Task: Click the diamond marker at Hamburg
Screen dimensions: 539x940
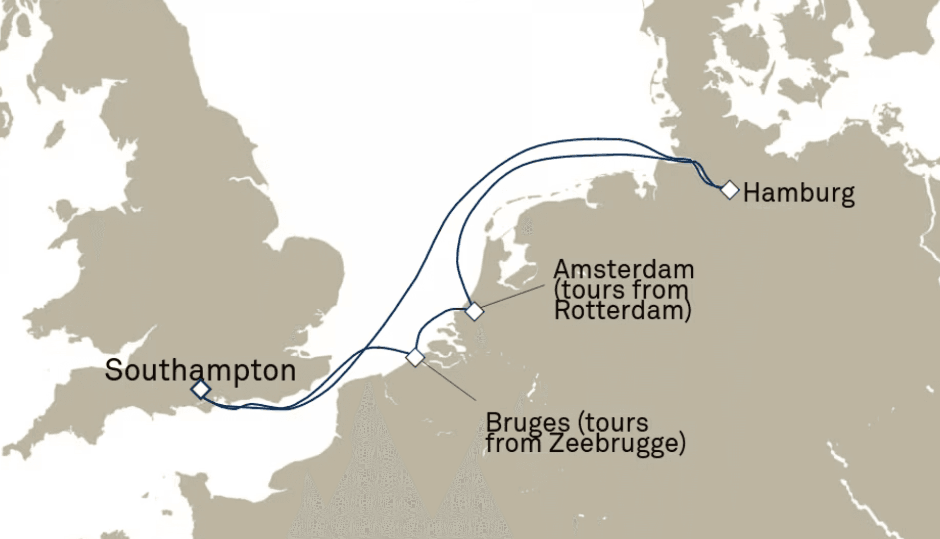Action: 729,190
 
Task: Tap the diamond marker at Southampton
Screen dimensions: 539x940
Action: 201,390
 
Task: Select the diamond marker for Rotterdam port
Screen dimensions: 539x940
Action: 474,311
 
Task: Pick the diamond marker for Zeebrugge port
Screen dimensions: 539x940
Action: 415,357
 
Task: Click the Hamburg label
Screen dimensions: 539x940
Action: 799,193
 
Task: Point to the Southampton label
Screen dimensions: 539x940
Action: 200,370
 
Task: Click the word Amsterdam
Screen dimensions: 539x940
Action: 624,269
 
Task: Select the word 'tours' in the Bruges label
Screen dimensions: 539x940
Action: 619,423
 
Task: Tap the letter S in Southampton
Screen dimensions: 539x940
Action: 113,370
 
